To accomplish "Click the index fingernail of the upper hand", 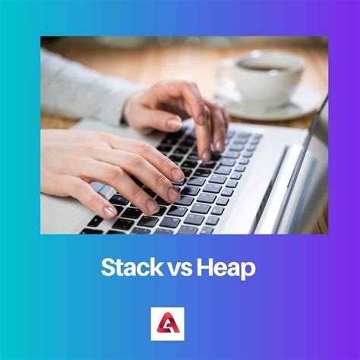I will click(221, 141).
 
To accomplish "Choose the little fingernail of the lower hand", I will click(110, 211).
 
